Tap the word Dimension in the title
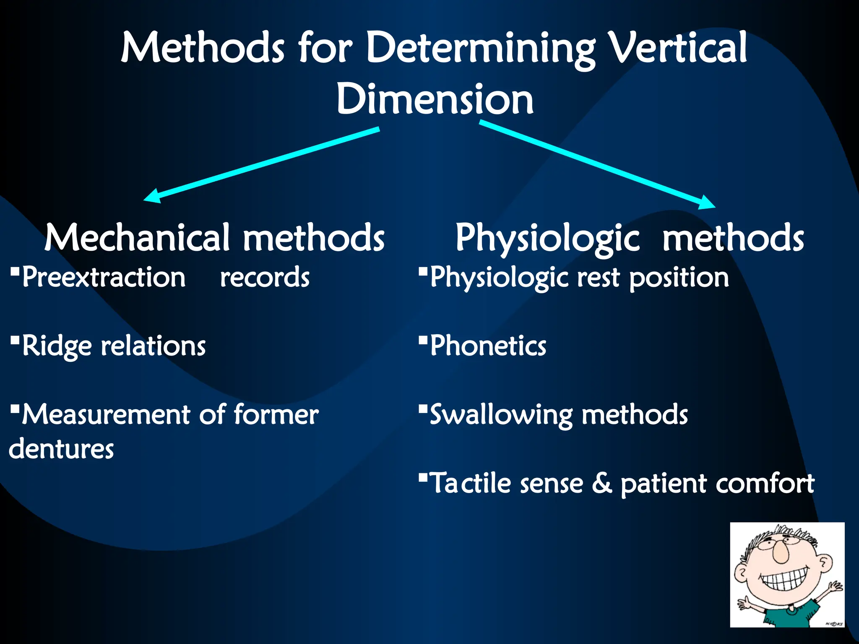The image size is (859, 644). point(435,99)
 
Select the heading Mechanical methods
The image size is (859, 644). point(214,238)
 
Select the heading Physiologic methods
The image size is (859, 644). point(629,238)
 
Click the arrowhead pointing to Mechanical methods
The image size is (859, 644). point(152,196)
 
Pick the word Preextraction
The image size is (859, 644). point(104,278)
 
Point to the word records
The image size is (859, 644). point(265,278)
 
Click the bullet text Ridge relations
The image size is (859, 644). point(113,346)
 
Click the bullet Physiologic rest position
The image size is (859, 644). point(579,278)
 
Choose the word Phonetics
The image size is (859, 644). point(488,346)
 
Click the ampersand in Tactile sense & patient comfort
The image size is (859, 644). point(602,483)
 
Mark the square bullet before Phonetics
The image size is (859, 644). point(423,339)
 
